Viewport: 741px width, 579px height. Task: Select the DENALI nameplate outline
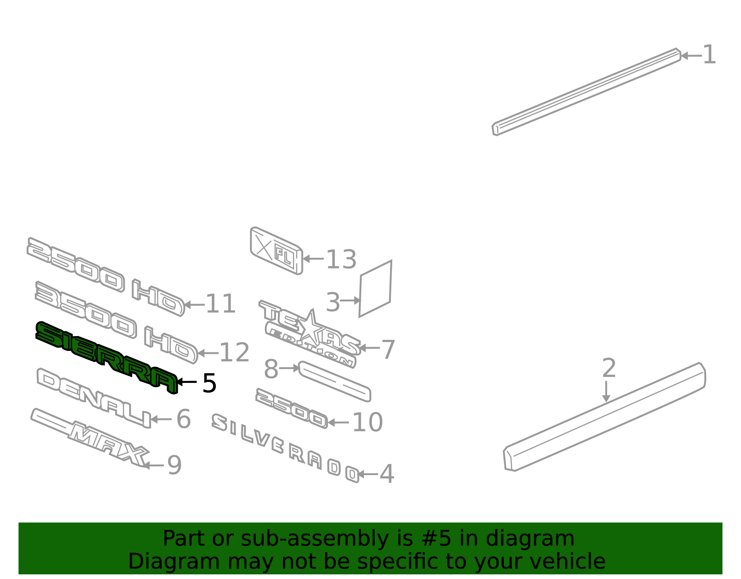point(93,397)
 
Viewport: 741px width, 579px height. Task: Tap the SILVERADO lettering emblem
point(285,448)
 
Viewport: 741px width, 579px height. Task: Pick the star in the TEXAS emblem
point(311,326)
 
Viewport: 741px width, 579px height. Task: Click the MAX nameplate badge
point(89,438)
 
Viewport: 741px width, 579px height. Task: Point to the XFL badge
point(276,250)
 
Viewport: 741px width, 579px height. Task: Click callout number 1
point(710,55)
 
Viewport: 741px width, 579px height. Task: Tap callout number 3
point(333,302)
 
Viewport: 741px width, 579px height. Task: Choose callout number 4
point(387,474)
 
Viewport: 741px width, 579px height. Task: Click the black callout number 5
point(209,383)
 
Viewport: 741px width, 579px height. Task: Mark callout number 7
point(388,349)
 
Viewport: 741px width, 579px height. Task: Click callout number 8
point(271,369)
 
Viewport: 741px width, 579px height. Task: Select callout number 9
point(174,464)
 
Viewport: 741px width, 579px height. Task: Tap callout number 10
point(368,422)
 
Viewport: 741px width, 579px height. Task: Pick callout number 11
point(220,304)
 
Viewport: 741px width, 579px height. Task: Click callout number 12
point(235,352)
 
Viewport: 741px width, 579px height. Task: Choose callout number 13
point(341,259)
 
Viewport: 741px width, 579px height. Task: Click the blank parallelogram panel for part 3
point(375,289)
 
